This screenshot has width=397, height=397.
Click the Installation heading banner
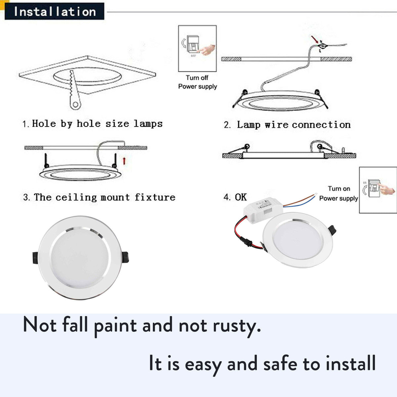(55, 12)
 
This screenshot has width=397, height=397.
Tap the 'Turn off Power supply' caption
(198, 82)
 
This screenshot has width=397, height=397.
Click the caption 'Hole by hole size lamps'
(93, 124)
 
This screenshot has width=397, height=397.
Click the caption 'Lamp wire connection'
(287, 125)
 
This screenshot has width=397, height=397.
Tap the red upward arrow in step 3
(124, 161)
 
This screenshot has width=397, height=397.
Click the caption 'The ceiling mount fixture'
(100, 198)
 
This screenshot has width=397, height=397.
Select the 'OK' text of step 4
(241, 197)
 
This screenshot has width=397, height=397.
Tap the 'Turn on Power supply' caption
(338, 194)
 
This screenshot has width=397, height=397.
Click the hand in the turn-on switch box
(387, 190)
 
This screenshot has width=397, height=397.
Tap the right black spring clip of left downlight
(125, 257)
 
